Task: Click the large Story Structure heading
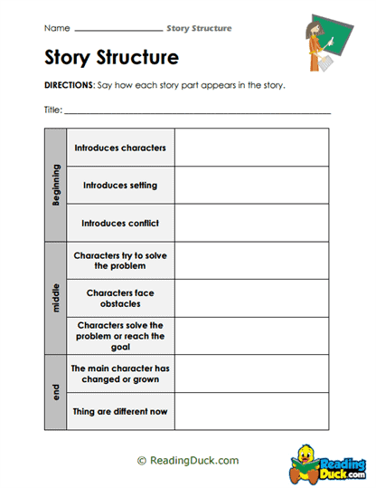pos(111,59)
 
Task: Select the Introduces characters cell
pos(120,148)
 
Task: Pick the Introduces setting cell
pos(120,185)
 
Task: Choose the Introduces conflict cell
pos(120,222)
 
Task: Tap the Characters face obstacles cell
pos(120,298)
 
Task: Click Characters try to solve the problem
pos(120,261)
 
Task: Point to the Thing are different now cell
pos(120,412)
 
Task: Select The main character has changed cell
pos(120,373)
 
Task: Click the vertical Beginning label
pos(56,185)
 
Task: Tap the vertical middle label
pos(56,298)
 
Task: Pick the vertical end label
pos(56,392)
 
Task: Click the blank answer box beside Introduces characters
pos(251,148)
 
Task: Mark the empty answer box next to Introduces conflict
pos(251,222)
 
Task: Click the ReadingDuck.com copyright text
pos(187,461)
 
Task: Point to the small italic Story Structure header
pos(199,29)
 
